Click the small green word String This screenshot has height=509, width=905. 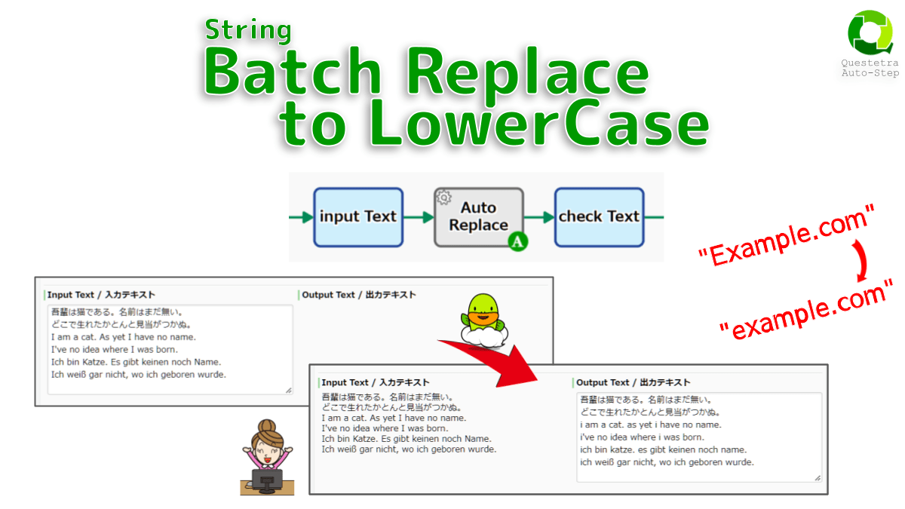(x=248, y=30)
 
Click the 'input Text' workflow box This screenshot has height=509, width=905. (x=358, y=217)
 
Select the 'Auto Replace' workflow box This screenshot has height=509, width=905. (x=478, y=217)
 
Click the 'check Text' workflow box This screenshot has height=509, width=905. (x=599, y=217)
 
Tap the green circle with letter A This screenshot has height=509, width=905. (x=517, y=241)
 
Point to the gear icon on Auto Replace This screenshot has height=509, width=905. (x=443, y=198)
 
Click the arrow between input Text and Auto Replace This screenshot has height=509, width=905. (x=419, y=217)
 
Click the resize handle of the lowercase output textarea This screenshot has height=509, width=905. (x=817, y=477)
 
